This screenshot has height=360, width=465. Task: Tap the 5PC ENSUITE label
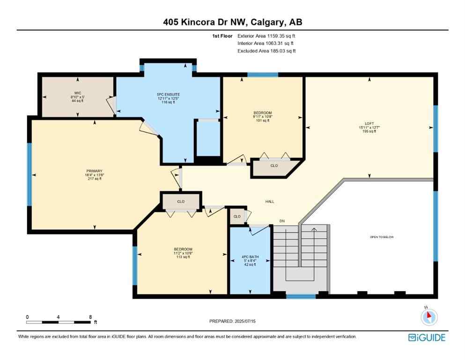[169, 95]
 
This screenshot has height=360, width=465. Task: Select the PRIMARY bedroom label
[94, 171]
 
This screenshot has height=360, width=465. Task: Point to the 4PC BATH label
[249, 257]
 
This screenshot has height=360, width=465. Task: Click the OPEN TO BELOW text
[382, 237]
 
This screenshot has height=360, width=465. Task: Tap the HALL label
[270, 202]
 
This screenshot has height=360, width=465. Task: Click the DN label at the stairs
[282, 221]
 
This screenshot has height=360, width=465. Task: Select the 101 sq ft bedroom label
[263, 113]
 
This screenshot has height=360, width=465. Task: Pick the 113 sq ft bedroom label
[183, 249]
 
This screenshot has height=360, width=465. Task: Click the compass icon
[429, 317]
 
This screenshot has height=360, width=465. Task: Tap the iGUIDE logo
[426, 337]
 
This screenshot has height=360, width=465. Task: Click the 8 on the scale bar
[90, 317]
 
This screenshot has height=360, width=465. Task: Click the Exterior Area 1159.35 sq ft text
[266, 36]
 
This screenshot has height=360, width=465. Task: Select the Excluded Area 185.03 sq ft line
[266, 51]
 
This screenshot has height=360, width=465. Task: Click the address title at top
[232, 22]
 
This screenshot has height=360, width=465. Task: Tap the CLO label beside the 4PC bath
[237, 217]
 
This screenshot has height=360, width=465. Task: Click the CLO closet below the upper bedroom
[274, 165]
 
